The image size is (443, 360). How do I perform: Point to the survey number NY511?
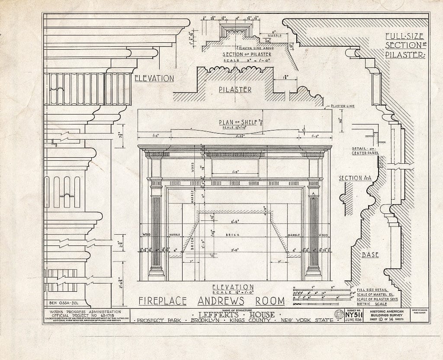click(354, 314)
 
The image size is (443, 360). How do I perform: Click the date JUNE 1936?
click(354, 320)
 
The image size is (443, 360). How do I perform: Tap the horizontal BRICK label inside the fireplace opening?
click(234, 235)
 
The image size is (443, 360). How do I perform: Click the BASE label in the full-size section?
click(370, 255)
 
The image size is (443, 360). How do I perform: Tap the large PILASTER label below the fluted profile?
click(235, 89)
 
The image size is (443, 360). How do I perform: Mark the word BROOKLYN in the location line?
click(207, 320)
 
